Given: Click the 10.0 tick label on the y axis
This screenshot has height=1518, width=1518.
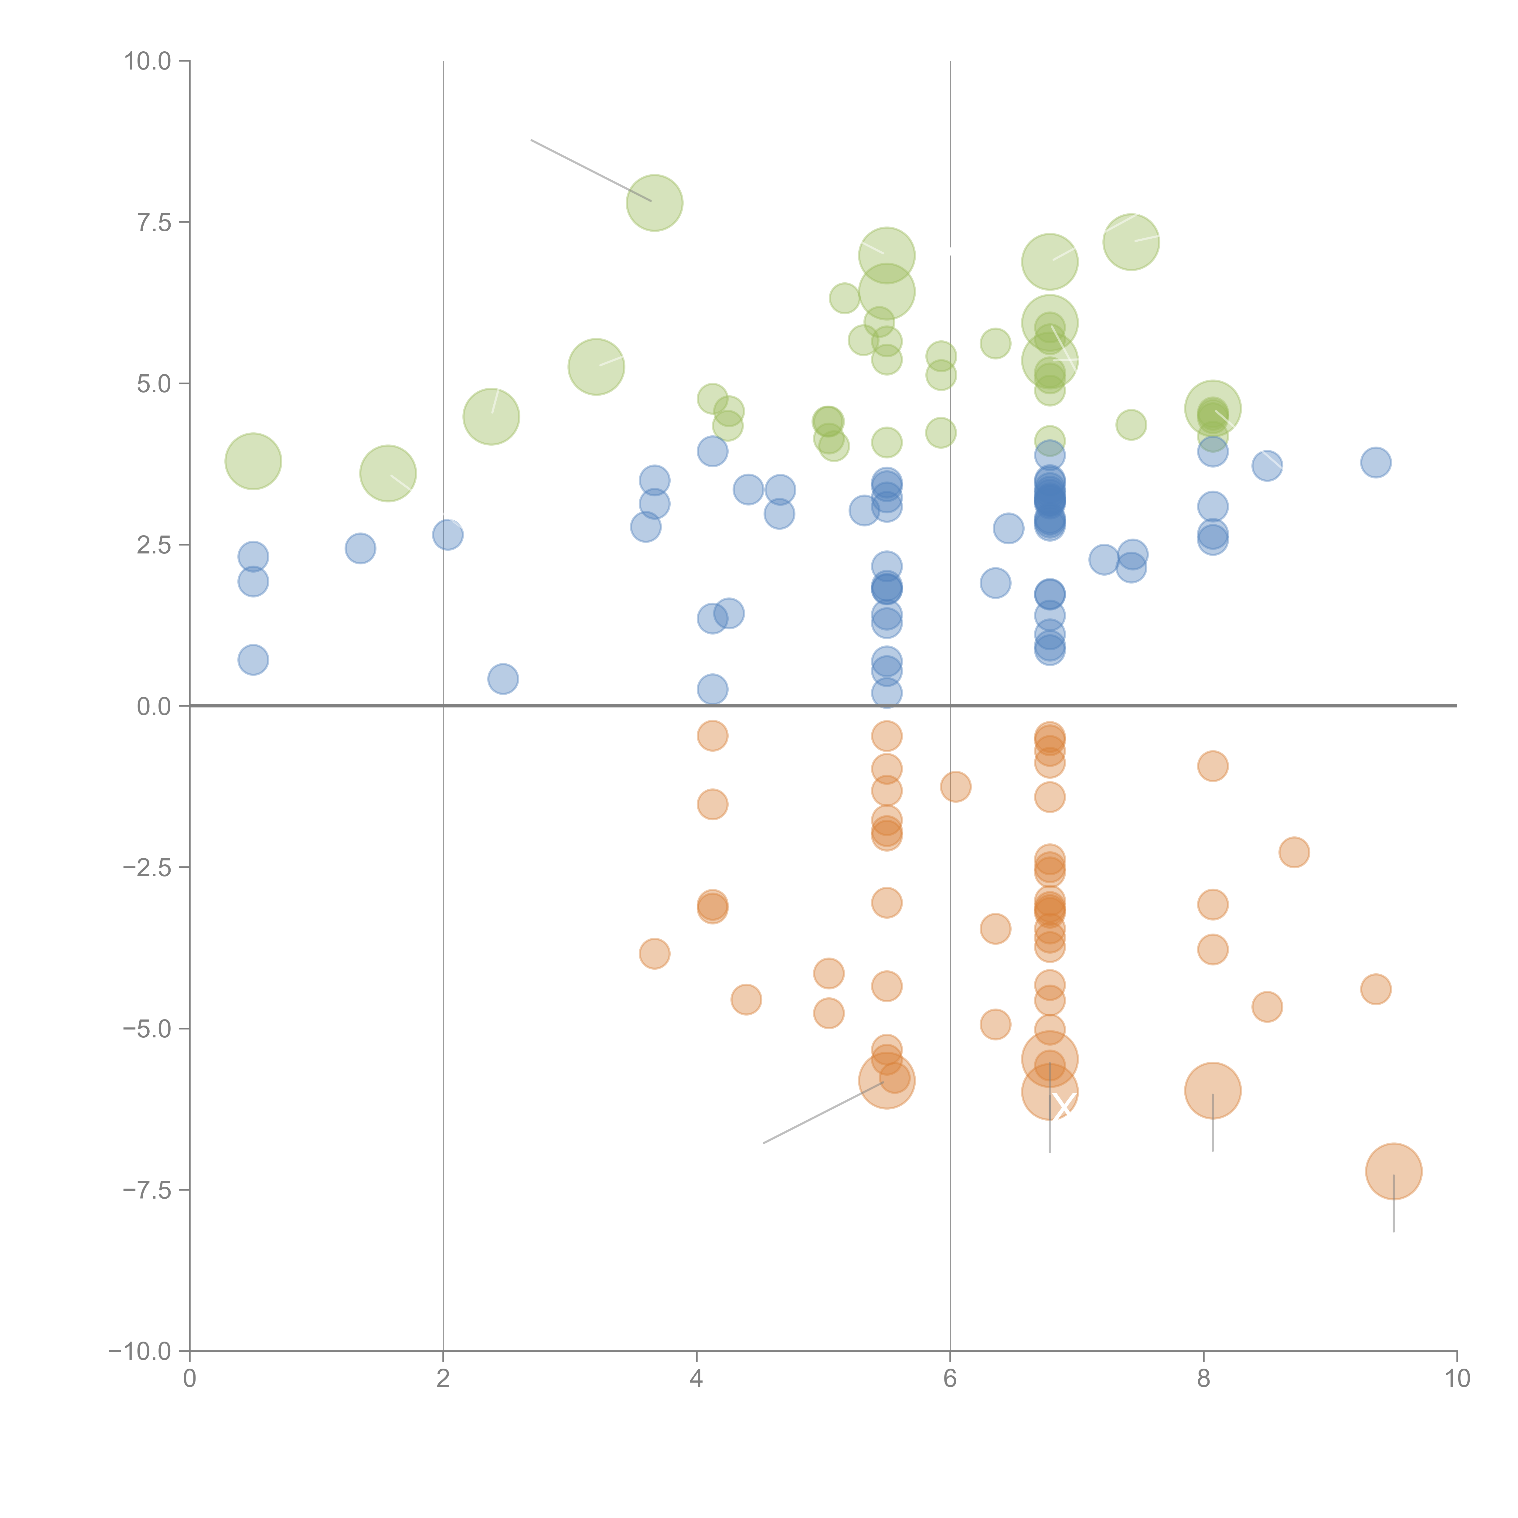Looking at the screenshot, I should click(x=148, y=61).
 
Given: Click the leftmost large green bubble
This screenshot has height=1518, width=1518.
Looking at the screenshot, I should click(x=253, y=461).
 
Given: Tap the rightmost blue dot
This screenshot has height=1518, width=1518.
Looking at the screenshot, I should click(x=1376, y=462).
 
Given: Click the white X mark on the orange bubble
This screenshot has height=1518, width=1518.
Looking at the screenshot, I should click(x=1063, y=1106).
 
